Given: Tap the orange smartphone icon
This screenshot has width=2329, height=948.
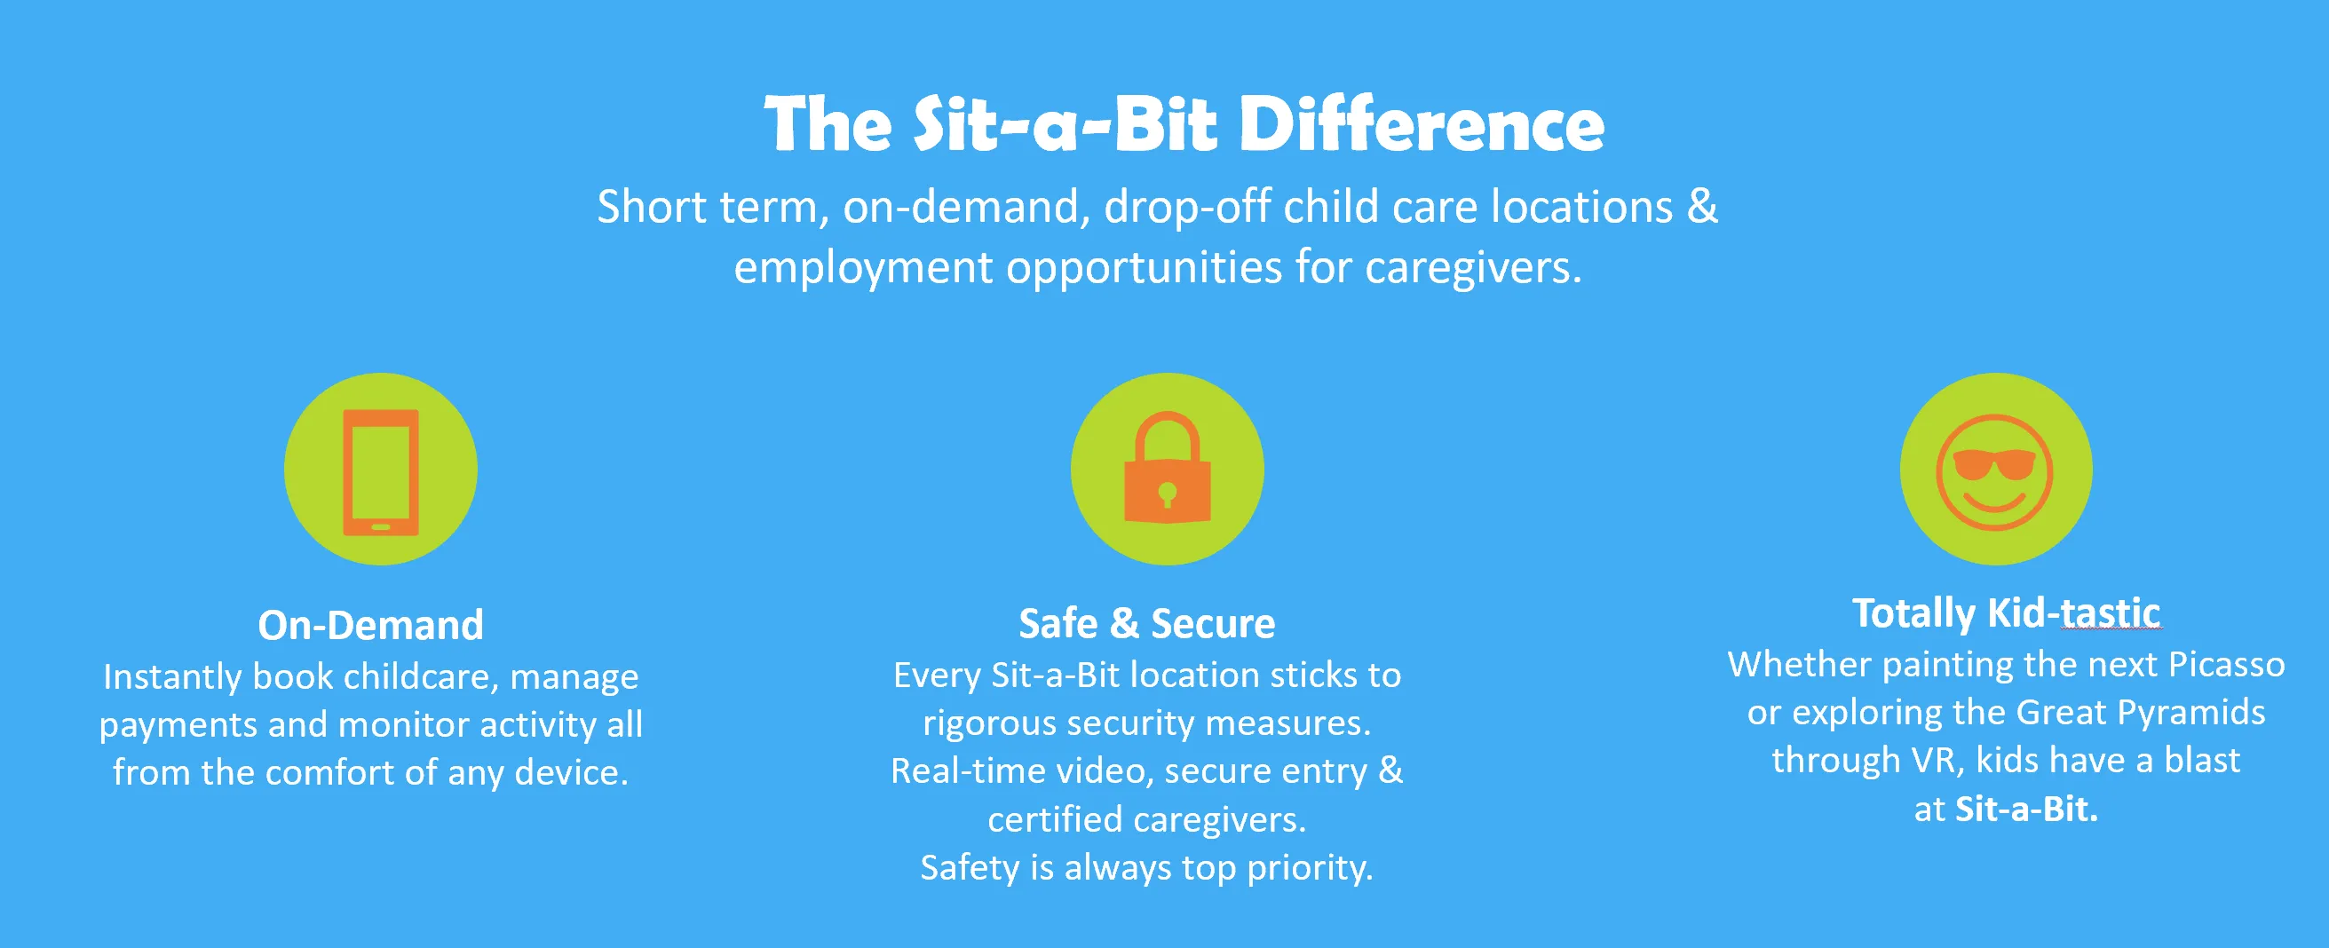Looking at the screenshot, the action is click(x=381, y=471).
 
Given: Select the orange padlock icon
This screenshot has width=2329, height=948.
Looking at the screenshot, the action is click(x=1168, y=467).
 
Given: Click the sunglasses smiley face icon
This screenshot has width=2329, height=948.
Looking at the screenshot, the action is click(x=1994, y=470).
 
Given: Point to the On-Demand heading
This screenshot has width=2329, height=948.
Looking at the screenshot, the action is click(x=370, y=625).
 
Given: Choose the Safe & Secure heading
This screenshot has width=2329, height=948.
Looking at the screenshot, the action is click(x=1146, y=623).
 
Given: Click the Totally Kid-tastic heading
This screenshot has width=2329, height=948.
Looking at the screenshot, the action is click(x=2006, y=612).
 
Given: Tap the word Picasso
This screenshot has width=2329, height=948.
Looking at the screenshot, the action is click(x=2227, y=664).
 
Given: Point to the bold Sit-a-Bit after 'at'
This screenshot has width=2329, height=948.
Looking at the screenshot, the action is click(x=2026, y=809).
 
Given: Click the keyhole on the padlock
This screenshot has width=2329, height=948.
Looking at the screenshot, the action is click(x=1168, y=494).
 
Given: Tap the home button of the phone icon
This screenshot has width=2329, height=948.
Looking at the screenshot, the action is click(x=381, y=527).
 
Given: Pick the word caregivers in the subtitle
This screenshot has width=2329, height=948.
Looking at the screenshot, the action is click(x=1473, y=267).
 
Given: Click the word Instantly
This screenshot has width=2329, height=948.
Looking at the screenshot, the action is click(x=171, y=677).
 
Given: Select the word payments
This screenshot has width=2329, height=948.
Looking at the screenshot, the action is click(x=178, y=726).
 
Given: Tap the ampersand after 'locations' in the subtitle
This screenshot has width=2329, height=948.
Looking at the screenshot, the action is click(x=1701, y=206).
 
